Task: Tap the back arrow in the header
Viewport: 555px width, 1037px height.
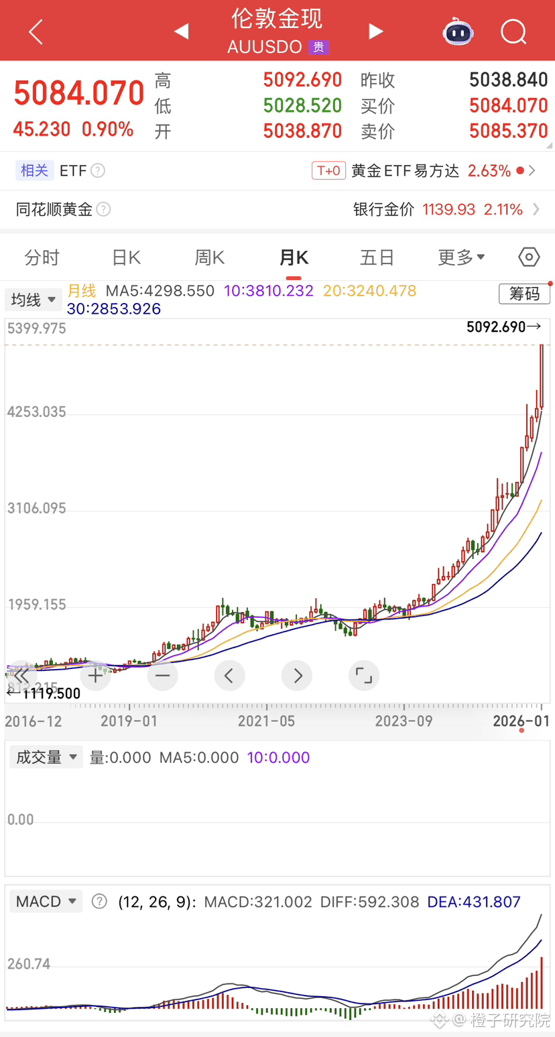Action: tap(36, 32)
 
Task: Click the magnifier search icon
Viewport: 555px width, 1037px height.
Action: tap(513, 32)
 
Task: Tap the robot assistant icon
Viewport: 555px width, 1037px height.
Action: tap(458, 32)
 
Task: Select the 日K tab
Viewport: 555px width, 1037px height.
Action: tap(125, 257)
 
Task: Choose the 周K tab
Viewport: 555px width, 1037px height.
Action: tap(209, 257)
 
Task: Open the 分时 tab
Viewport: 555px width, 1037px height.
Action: tap(42, 257)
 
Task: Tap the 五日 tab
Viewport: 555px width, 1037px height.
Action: tap(377, 257)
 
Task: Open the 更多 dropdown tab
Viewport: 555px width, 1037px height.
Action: tap(461, 257)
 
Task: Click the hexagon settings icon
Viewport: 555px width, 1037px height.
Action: tap(529, 257)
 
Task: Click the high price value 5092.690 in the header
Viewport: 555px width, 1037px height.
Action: tap(302, 80)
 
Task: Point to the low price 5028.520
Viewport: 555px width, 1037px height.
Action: tap(302, 106)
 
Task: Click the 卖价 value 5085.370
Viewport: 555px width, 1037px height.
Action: tap(508, 131)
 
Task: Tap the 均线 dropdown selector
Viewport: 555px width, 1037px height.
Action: tap(34, 300)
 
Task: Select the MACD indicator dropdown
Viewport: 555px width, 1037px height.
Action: tap(46, 902)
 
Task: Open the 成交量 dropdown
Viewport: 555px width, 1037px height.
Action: tap(46, 757)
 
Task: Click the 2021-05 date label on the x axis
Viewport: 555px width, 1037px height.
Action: tap(267, 722)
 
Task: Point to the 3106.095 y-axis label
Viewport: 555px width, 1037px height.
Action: tap(37, 508)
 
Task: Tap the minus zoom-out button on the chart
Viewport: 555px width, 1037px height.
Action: tap(162, 676)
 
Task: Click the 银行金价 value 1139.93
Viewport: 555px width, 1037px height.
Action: tap(448, 210)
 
